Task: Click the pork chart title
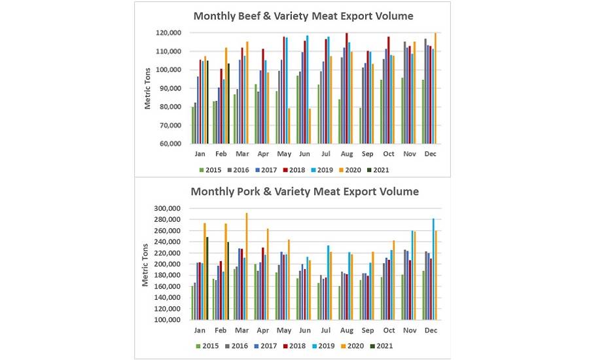304,192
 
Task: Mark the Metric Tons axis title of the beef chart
148,88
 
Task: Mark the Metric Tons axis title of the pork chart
145,264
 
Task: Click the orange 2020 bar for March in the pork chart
246,266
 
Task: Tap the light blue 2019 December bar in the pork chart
433,269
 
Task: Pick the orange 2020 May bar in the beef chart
289,126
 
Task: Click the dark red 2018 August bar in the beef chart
347,88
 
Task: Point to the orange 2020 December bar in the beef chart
435,88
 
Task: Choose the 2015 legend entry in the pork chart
208,345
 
